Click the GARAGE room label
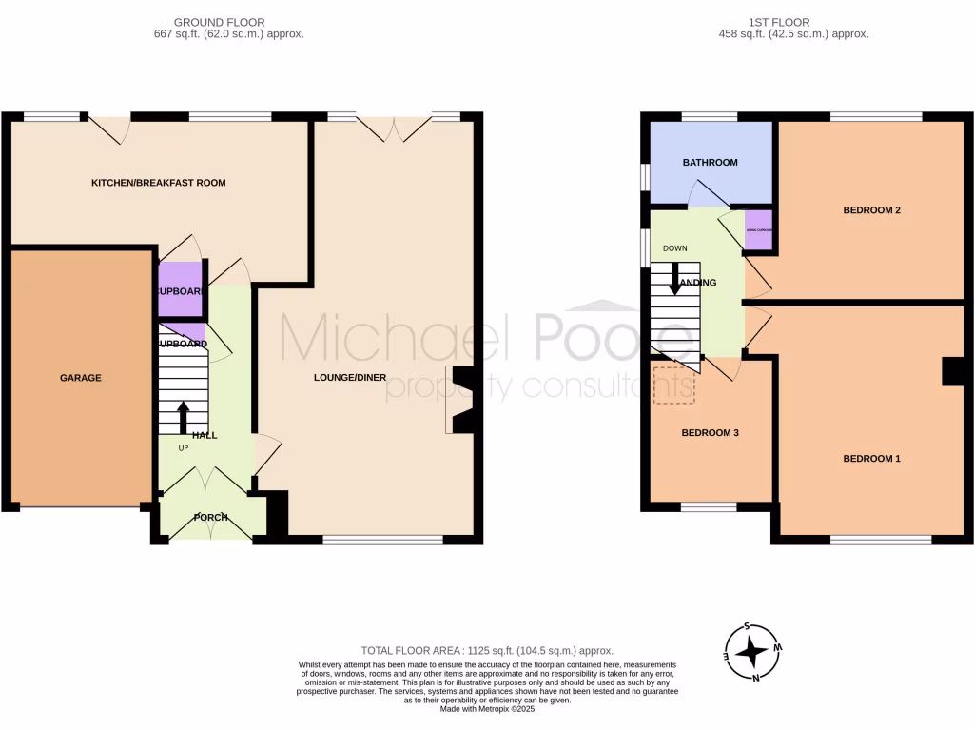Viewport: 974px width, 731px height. (80, 378)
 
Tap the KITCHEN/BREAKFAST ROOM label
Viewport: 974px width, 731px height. (158, 182)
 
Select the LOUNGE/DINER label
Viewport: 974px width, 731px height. (350, 377)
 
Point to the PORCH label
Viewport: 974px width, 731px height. (210, 518)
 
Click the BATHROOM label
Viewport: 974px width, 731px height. (710, 162)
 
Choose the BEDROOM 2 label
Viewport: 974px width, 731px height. (871, 210)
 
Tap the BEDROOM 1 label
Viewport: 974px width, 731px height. (871, 458)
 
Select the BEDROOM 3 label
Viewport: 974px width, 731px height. (710, 432)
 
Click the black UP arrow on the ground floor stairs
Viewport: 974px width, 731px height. (183, 416)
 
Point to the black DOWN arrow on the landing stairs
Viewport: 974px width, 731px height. (675, 277)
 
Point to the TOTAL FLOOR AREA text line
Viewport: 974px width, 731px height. (486, 650)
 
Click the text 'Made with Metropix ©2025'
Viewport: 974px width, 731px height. (486, 708)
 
